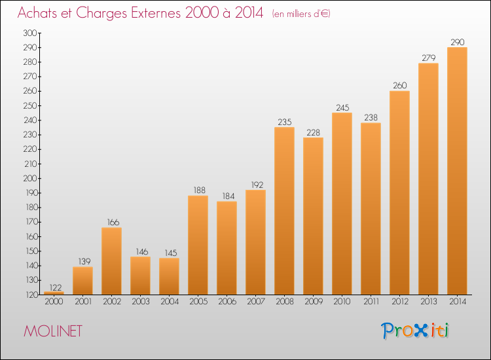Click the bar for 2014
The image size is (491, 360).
[x=457, y=171]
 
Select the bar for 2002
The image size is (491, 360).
[x=111, y=261]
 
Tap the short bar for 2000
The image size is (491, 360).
[x=54, y=293]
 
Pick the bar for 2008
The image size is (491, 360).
[x=284, y=211]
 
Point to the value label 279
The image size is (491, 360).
[x=429, y=58]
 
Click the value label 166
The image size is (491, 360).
[x=113, y=223]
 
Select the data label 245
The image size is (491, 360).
[x=342, y=108]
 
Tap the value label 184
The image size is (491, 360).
[x=228, y=196]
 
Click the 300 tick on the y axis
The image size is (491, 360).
[x=30, y=33]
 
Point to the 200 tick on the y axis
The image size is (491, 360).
[x=30, y=178]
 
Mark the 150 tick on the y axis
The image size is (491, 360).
[x=31, y=251]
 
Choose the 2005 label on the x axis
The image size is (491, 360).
[x=198, y=302]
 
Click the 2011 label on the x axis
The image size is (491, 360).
[x=371, y=302]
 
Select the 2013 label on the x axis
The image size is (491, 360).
[x=429, y=302]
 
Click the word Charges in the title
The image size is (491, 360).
[x=101, y=14]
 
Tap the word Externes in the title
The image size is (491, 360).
[x=156, y=13]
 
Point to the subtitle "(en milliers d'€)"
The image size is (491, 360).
[x=301, y=14]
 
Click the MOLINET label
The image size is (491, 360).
[x=53, y=331]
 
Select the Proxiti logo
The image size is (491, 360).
[x=415, y=331]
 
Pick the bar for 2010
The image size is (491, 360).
[x=342, y=204]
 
